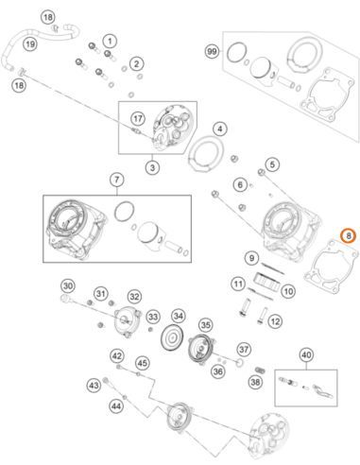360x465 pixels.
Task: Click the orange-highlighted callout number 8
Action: [349, 235]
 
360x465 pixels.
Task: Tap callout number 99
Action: [212, 51]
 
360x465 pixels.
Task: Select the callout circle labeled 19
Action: [30, 44]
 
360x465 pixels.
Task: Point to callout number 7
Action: [117, 180]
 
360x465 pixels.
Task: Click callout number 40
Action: [306, 355]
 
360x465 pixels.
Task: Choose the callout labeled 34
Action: [179, 316]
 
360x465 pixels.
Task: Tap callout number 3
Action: [152, 167]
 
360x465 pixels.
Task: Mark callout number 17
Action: [138, 118]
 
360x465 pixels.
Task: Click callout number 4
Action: [220, 129]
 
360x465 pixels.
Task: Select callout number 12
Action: [275, 321]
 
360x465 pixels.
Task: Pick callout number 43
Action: [94, 386]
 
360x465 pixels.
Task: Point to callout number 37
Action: [244, 350]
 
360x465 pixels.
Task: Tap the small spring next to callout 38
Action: [259, 370]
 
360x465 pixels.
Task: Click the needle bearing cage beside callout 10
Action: [266, 282]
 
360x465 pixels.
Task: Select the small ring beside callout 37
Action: [240, 363]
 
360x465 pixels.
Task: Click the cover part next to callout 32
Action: [126, 323]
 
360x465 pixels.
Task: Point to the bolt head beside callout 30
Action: [64, 298]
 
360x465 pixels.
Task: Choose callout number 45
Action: [142, 363]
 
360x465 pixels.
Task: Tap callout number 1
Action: [110, 41]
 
